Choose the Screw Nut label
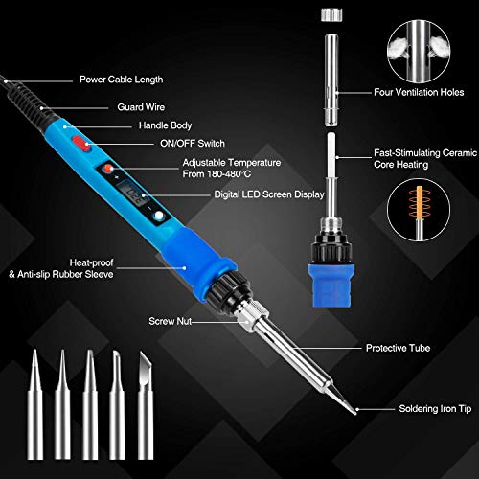pyautogui.click(x=170, y=321)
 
